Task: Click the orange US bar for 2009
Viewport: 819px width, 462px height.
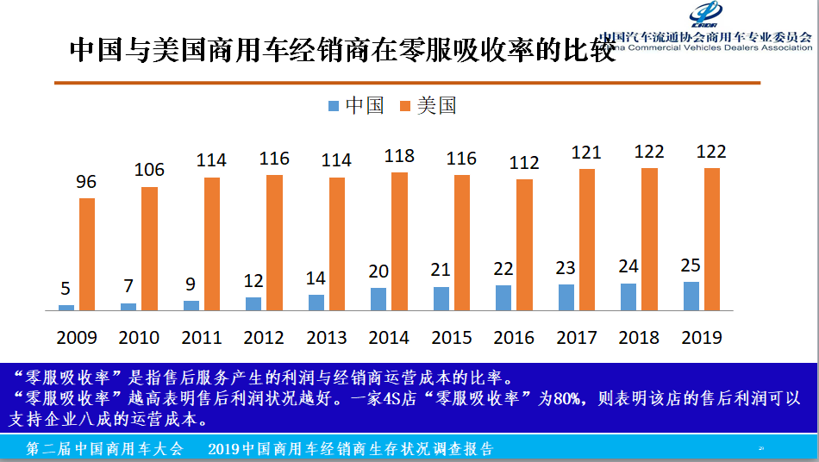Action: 87,254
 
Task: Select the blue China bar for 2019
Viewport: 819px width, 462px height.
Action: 691,296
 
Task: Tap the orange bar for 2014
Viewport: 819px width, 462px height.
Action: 399,241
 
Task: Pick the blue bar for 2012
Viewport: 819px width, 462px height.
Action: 253,303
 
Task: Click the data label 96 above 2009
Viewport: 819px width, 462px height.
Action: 86,183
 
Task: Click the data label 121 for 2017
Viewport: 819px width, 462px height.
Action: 586,153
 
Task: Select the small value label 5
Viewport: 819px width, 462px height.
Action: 66,290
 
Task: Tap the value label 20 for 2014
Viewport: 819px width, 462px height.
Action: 378,272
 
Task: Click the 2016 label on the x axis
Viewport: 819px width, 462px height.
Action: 514,337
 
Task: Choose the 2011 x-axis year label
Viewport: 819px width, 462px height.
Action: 202,337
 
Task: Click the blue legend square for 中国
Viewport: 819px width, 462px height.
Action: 334,106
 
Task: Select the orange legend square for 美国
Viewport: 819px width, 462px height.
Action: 404,106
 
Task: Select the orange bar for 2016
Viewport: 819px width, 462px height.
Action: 524,244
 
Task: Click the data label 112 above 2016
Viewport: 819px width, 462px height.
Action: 524,162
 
